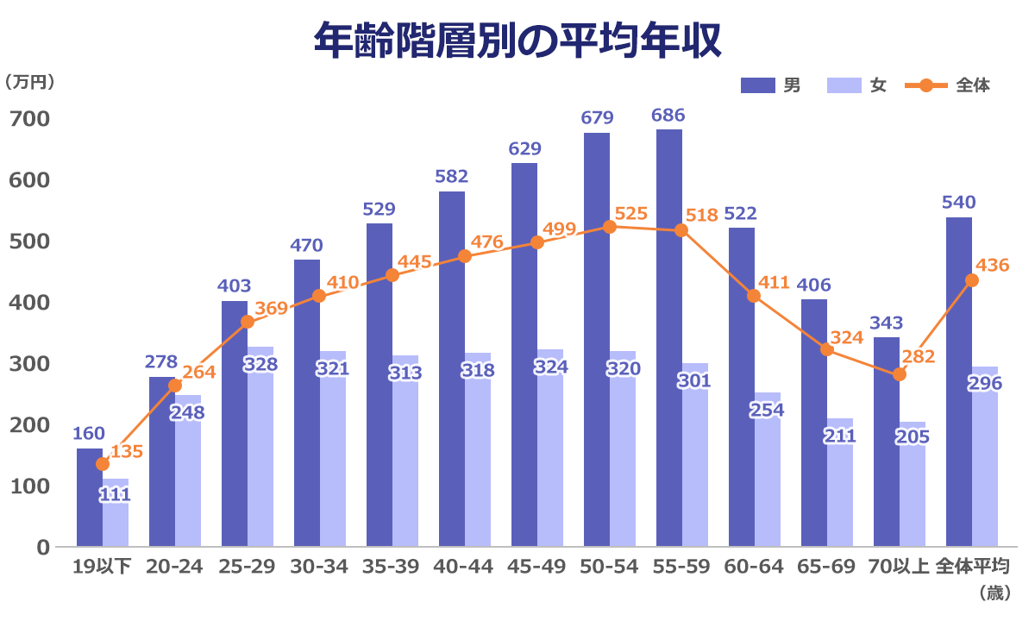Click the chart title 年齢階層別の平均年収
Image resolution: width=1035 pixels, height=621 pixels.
point(517,41)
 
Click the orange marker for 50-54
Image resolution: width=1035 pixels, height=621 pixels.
point(609,227)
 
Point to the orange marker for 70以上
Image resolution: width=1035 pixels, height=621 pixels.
point(899,374)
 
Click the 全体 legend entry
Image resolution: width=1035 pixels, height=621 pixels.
point(949,85)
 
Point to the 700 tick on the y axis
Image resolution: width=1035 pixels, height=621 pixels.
point(29,118)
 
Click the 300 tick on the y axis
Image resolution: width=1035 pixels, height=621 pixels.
point(29,363)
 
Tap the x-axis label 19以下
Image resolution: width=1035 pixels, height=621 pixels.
point(102,567)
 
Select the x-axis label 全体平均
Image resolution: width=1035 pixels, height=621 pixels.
point(972,567)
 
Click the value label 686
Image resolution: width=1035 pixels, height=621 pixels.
point(668,115)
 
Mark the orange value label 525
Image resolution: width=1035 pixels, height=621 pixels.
point(631,214)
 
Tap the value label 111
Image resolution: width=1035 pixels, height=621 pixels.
point(115,495)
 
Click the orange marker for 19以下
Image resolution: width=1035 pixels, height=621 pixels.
point(103,464)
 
